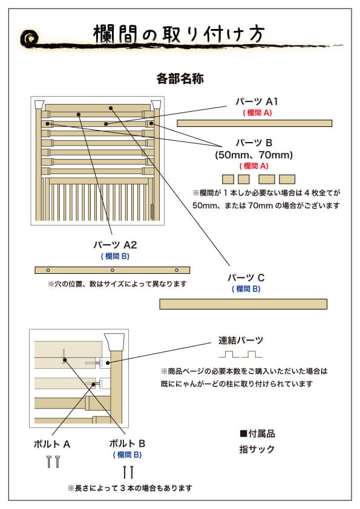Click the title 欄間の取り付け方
(x=178, y=33)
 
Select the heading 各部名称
(x=180, y=79)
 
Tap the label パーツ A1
(x=257, y=101)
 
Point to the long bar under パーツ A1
(x=254, y=123)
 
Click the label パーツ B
(x=254, y=143)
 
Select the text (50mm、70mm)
(x=254, y=155)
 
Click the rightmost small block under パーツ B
(x=287, y=179)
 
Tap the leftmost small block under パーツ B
(x=228, y=179)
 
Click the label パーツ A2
(x=115, y=245)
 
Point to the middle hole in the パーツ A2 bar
(x=113, y=270)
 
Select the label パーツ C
(x=246, y=277)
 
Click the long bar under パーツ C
(x=243, y=304)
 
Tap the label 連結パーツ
(x=241, y=340)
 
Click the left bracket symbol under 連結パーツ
(x=225, y=354)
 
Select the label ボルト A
(x=52, y=444)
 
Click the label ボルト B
(x=127, y=443)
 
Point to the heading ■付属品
(x=257, y=433)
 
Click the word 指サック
(x=257, y=449)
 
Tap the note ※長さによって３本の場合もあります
(x=130, y=488)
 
